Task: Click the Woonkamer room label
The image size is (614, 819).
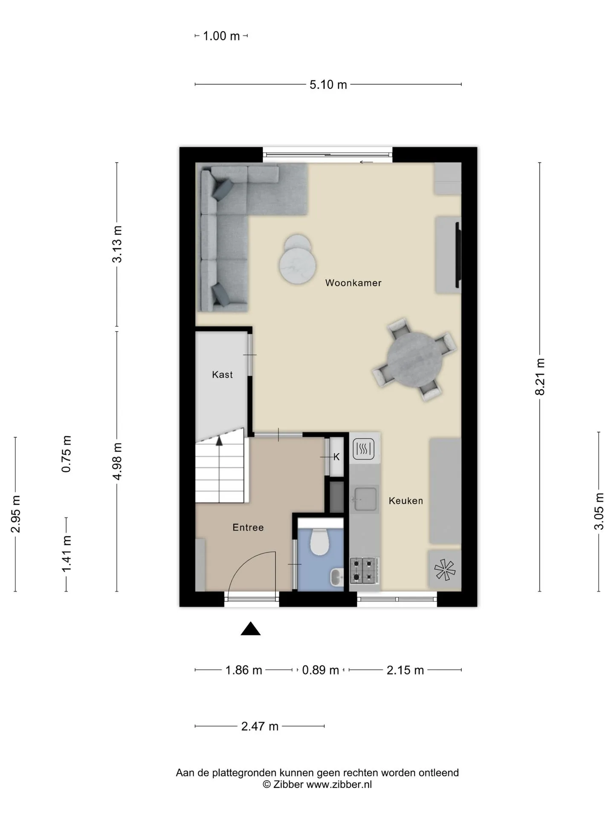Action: pos(353,283)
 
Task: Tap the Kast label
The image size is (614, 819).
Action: pos(222,375)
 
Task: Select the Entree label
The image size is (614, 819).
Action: pos(248,528)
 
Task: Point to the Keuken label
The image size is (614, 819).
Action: pos(405,501)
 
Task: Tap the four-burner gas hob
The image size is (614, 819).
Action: pos(364,571)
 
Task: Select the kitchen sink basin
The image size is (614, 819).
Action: pos(365,499)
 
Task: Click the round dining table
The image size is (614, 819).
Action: pos(414,360)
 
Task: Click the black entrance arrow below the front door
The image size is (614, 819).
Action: pos(251,629)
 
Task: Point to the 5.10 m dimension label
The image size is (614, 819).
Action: pos(328,84)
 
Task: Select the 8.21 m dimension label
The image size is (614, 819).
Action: pos(540,377)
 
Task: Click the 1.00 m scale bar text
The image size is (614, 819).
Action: pos(221,36)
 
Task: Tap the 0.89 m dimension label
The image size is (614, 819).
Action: pos(320,670)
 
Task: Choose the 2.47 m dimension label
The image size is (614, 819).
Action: pos(260,726)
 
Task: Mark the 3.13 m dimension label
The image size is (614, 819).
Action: pos(117,244)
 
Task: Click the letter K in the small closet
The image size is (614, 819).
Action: pos(336,457)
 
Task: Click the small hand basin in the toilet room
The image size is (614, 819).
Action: pos(336,578)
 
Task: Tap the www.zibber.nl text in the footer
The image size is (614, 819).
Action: pos(339,784)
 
